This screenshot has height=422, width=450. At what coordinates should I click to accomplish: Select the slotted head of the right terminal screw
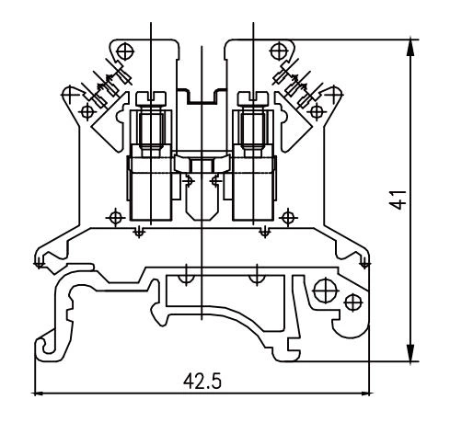pyautogui.click(x=250, y=96)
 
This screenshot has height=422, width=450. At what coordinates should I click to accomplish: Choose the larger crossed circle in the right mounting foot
pyautogui.click(x=324, y=291)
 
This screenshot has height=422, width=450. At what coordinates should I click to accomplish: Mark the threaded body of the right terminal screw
pyautogui.click(x=250, y=129)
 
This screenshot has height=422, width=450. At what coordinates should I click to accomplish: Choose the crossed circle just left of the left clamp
pyautogui.click(x=114, y=218)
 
